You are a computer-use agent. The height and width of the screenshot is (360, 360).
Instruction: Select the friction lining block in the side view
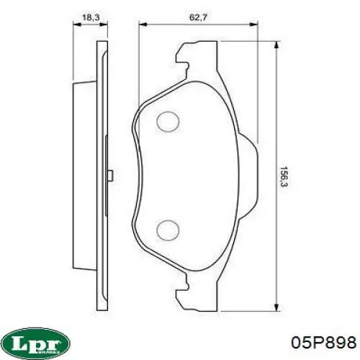point(85,175)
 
